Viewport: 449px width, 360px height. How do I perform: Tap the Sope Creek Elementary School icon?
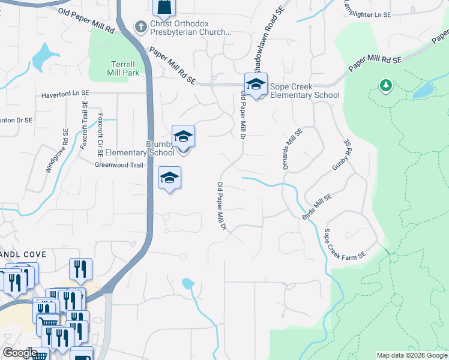point(256,85)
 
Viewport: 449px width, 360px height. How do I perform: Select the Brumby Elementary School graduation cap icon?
point(183,137)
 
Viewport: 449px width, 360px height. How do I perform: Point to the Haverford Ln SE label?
point(65,94)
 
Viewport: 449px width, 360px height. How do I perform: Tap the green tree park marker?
point(385,86)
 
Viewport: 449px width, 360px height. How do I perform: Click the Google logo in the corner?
point(20,353)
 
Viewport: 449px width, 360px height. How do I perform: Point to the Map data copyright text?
point(412,355)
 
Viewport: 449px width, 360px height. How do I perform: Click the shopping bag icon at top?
point(164,7)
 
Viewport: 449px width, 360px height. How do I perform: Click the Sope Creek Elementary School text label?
point(304,91)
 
